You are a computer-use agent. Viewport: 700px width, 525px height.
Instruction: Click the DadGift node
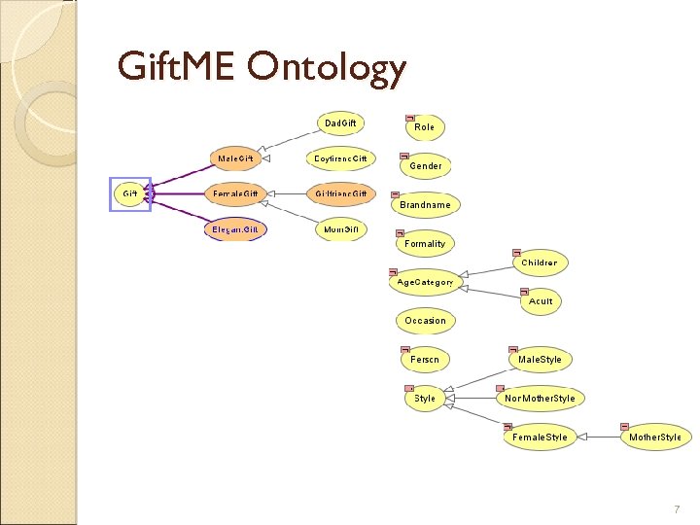340,123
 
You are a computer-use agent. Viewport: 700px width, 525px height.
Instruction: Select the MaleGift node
236,157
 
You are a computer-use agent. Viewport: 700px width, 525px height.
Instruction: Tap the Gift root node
129,193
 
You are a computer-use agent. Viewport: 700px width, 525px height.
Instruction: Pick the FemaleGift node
236,193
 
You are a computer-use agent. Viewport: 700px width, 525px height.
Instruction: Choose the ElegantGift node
236,229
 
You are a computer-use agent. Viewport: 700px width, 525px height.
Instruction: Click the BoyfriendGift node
340,158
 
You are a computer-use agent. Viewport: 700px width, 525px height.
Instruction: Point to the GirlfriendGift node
340,193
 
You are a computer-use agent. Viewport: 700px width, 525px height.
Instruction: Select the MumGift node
340,229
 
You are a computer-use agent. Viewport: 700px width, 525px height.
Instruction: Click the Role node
425,126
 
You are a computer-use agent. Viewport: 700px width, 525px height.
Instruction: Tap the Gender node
425,166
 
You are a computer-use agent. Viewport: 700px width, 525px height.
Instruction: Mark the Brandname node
425,205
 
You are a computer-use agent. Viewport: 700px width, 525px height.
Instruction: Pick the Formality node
425,244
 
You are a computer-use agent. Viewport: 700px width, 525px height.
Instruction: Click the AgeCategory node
425,282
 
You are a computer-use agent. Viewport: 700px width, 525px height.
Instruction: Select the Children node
540,262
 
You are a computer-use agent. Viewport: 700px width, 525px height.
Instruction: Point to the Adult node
541,301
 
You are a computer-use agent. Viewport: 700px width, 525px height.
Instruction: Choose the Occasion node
425,320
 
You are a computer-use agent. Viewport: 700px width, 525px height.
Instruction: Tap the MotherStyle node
655,437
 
